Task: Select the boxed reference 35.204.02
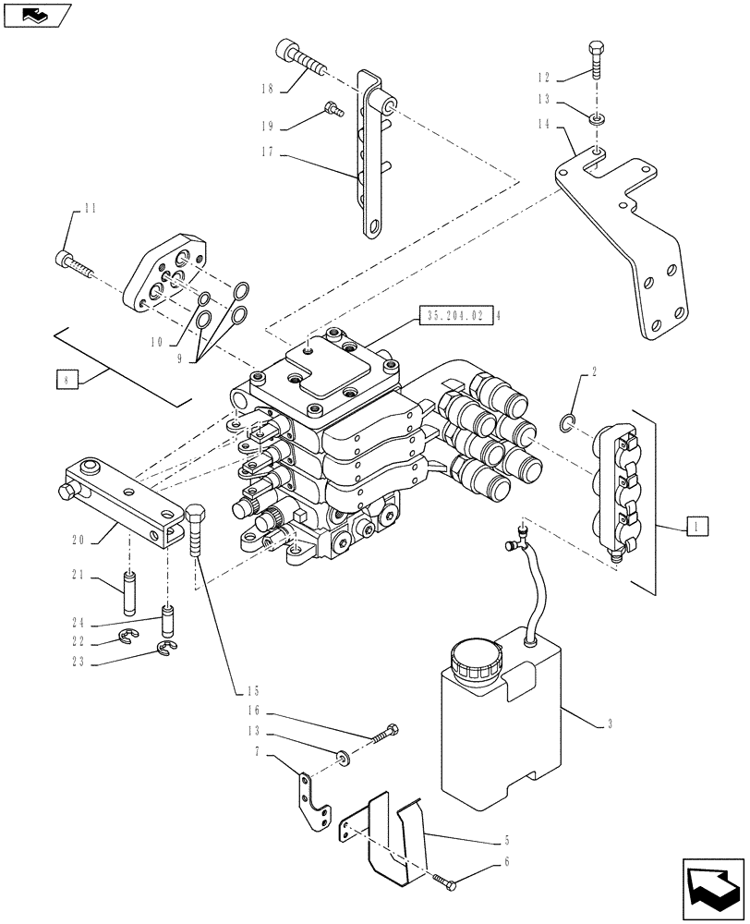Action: (x=456, y=315)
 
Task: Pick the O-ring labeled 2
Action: (x=569, y=423)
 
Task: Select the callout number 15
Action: (x=252, y=691)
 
